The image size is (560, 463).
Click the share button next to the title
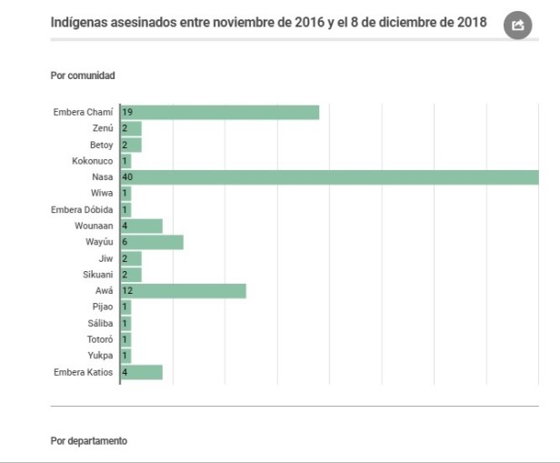(x=518, y=25)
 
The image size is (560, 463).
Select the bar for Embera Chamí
(x=219, y=112)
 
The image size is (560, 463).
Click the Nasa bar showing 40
(x=329, y=176)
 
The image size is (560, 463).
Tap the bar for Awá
(x=183, y=291)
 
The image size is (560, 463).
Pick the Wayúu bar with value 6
(x=152, y=242)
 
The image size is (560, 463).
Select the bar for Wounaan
(x=141, y=226)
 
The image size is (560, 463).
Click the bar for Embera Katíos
(x=141, y=372)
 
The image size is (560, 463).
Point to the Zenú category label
(x=103, y=128)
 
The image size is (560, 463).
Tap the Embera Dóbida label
(x=82, y=209)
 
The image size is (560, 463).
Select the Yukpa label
(x=101, y=356)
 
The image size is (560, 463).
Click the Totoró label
(x=100, y=339)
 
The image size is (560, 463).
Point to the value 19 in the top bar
(x=128, y=112)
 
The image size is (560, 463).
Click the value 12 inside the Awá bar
(x=128, y=291)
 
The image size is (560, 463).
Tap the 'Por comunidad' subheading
(x=83, y=75)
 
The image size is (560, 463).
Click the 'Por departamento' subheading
(x=89, y=441)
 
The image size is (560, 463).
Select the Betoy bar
(x=131, y=145)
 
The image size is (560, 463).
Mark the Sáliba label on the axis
(x=101, y=323)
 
